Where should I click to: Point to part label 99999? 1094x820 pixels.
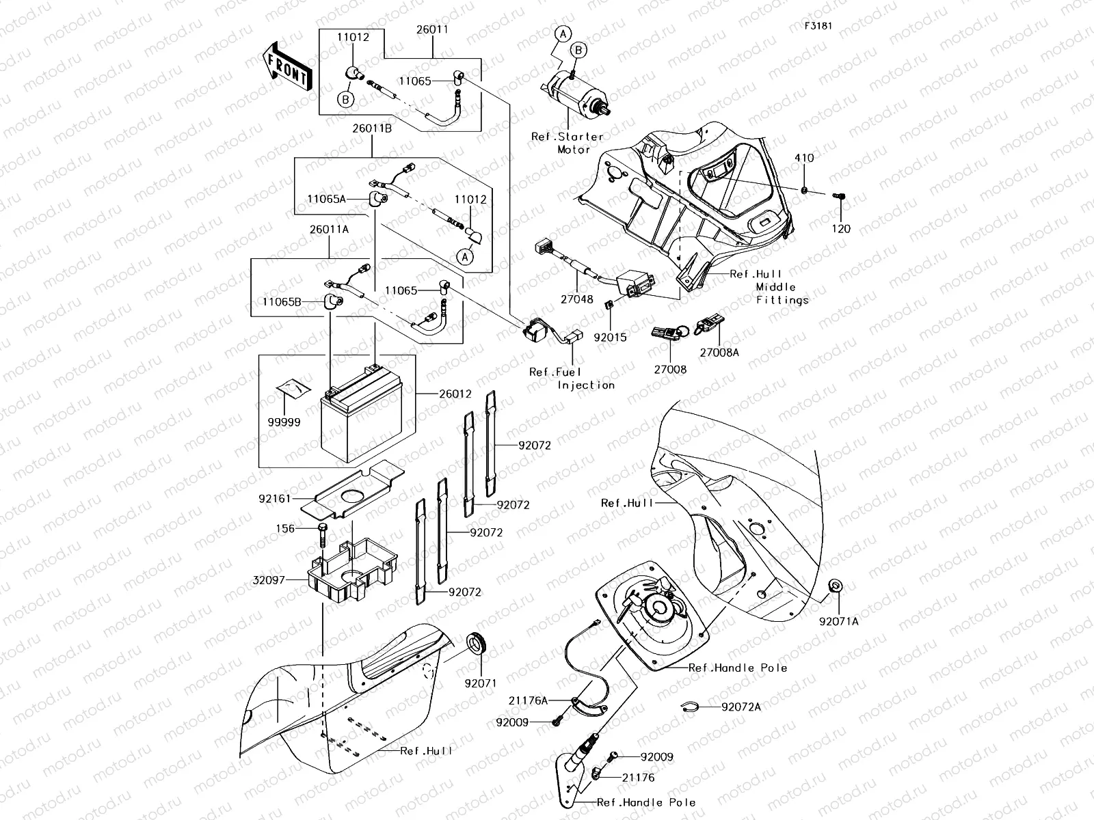click(284, 422)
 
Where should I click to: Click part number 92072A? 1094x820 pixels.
click(741, 707)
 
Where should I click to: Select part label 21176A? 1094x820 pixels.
click(528, 700)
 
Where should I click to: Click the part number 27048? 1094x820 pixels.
click(578, 299)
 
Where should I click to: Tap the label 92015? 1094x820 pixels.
click(609, 337)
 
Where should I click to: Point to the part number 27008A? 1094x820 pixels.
click(719, 353)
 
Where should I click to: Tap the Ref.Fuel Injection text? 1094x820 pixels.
click(572, 379)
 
